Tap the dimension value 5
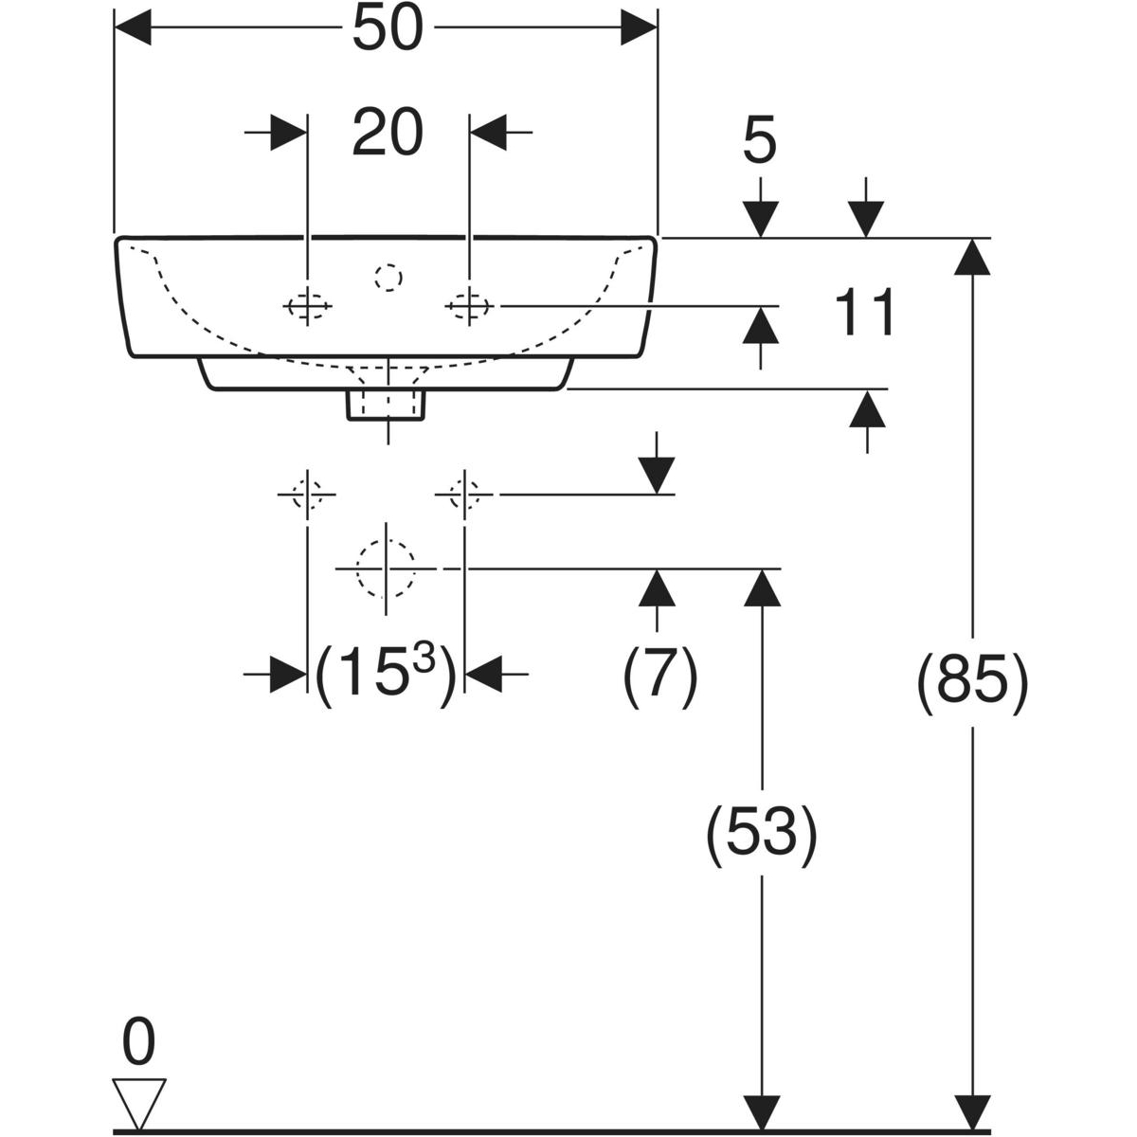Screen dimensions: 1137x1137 tap(759, 142)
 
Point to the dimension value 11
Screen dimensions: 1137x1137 tap(865, 314)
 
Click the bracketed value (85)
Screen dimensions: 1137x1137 tap(972, 681)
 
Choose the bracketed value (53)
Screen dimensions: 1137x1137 tap(761, 834)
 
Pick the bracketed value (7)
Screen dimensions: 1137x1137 tap(659, 675)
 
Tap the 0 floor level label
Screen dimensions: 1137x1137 tap(138, 1043)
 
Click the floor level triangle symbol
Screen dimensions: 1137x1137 tap(138, 1099)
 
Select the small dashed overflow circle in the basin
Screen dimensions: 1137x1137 tap(388, 277)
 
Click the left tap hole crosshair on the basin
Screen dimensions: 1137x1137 tap(308, 306)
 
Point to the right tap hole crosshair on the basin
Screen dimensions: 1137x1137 tap(468, 306)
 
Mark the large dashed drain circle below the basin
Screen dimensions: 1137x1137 tap(386, 568)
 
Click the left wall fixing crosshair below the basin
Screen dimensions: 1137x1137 tap(306, 494)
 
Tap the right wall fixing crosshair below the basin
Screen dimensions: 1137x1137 tap(463, 494)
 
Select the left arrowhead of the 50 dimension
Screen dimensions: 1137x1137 tap(133, 29)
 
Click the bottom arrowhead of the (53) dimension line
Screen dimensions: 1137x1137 tap(761, 1112)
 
